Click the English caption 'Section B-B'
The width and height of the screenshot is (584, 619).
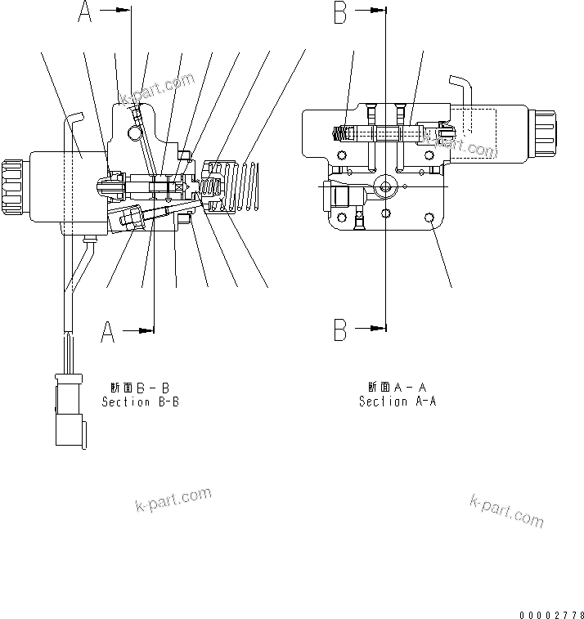[x=140, y=402]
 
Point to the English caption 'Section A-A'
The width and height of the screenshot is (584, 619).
[x=398, y=401]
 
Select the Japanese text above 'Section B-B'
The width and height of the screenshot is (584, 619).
[x=140, y=388]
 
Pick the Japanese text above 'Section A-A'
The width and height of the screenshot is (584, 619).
[x=398, y=387]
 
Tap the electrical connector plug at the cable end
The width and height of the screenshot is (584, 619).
[x=68, y=409]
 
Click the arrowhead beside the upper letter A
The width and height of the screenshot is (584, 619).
[x=124, y=11]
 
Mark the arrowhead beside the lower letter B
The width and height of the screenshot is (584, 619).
[x=378, y=330]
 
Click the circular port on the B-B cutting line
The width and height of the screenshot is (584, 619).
[x=385, y=187]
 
